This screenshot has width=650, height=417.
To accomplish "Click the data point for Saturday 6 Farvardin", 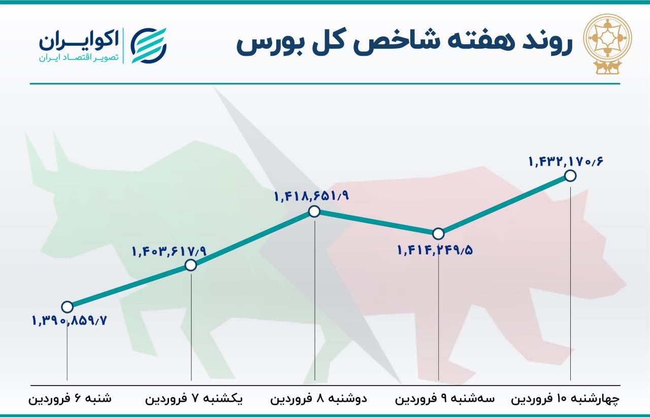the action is pos(68,306).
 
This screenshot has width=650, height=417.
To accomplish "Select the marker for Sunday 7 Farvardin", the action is pos(190,265).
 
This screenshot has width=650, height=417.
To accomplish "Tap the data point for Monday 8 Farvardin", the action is pos(314,211).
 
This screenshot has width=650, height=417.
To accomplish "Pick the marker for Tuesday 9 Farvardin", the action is pos(438,233).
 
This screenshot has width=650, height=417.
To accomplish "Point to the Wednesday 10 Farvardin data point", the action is pos(570,176).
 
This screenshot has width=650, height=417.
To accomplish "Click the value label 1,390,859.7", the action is pos(70,320).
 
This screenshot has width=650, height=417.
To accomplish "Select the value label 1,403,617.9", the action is pos(170,251).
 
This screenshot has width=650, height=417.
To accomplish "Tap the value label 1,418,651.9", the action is pos(311,197).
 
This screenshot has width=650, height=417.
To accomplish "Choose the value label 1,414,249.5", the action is pos(435,250).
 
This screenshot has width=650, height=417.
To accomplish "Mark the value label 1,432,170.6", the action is pos(566,161).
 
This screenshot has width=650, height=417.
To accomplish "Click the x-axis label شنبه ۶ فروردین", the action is pos(70,399).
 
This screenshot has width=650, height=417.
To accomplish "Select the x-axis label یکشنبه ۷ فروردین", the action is pos(194,399).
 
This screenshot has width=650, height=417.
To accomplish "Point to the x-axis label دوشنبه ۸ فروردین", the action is pos(318,399).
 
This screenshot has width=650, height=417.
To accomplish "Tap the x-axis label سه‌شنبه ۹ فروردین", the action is pos(444,399).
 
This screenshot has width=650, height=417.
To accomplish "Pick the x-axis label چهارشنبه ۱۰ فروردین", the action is pos(565,399).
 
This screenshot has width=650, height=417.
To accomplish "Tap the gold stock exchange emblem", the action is pos(608,44).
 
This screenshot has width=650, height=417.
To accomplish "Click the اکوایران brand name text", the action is pos(79,41).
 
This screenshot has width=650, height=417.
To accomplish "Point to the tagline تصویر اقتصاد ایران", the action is pos(79,58).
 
